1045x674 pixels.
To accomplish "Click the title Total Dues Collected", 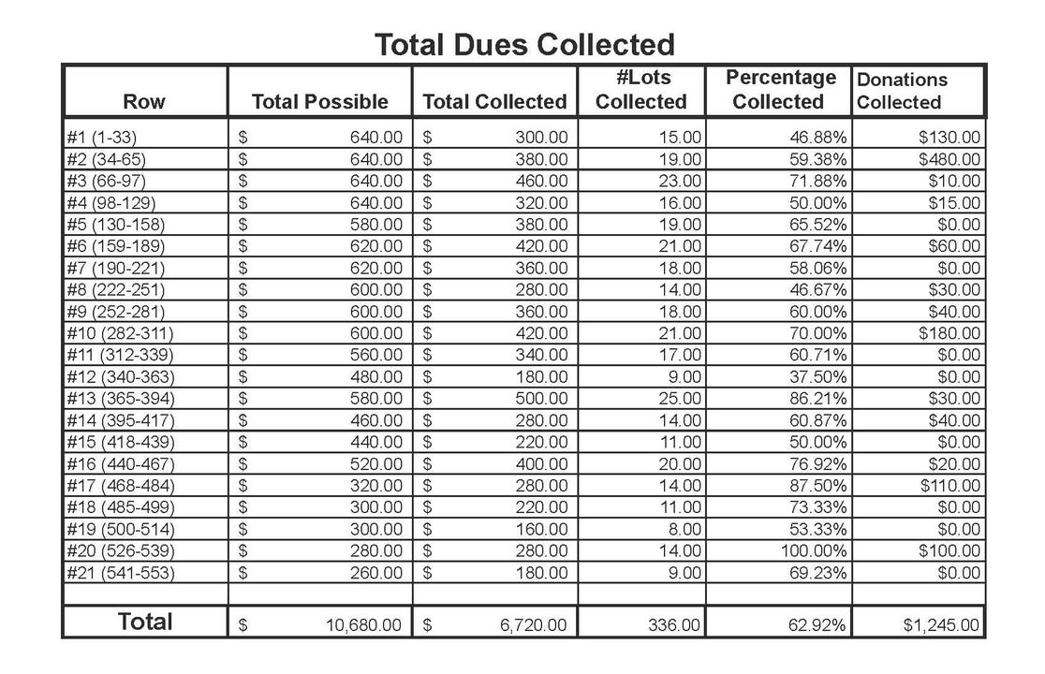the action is click(x=524, y=45).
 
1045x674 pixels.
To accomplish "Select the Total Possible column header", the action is click(x=320, y=101).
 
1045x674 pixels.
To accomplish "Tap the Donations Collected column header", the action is click(x=902, y=91).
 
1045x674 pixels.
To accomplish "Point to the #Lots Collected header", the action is click(x=641, y=89).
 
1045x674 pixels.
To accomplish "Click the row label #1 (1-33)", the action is click(x=101, y=138).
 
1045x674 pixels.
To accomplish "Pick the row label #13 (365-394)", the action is click(x=120, y=398).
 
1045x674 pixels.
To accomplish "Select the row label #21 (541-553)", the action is click(x=120, y=573).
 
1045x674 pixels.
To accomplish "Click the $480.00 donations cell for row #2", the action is click(x=949, y=159).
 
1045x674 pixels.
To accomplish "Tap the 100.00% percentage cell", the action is click(x=814, y=550).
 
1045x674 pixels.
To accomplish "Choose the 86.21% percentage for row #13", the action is click(x=818, y=398).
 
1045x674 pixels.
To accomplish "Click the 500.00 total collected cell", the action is click(x=541, y=398).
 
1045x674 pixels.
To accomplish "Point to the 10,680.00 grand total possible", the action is click(x=364, y=624).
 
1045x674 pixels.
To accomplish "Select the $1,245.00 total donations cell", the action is click(x=941, y=624).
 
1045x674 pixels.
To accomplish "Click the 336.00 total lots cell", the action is click(x=674, y=624).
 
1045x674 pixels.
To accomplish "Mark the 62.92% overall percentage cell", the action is click(x=817, y=624).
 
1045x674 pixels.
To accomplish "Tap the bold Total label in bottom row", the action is click(x=144, y=622).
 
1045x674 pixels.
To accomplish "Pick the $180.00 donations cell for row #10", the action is click(x=949, y=333).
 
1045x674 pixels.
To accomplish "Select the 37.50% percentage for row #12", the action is click(x=818, y=376).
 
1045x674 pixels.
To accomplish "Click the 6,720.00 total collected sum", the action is click(x=533, y=624).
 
